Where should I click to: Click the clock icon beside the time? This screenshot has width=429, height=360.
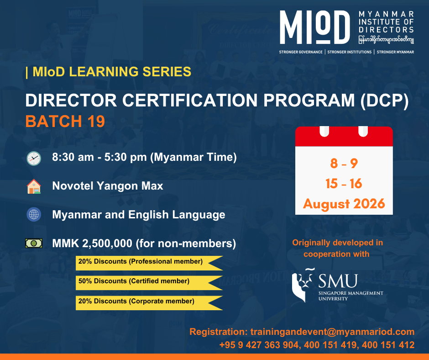click(34, 158)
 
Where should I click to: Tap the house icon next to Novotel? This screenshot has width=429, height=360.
click(34, 186)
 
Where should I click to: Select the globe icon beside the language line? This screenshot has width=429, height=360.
click(34, 214)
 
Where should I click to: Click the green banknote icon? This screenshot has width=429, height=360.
click(34, 243)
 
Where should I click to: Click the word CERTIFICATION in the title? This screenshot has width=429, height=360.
click(190, 100)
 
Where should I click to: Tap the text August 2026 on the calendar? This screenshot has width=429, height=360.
click(344, 204)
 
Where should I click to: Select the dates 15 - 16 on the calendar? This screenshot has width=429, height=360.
click(344, 184)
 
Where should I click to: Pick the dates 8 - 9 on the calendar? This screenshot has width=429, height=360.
click(344, 163)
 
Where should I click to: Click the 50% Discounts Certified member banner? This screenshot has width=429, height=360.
click(149, 282)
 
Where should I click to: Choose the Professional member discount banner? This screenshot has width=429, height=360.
click(149, 263)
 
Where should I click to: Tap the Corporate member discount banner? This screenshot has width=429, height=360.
click(149, 303)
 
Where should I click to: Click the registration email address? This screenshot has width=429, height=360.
click(332, 332)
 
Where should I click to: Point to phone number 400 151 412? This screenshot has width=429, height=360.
click(388, 345)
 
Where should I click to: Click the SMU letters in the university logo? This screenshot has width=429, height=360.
click(338, 281)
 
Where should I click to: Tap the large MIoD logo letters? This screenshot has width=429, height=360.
click(315, 27)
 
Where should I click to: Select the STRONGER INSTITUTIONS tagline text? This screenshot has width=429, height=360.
click(350, 52)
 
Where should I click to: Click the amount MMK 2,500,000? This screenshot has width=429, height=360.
click(92, 244)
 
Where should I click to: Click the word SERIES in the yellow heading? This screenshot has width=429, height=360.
click(167, 72)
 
